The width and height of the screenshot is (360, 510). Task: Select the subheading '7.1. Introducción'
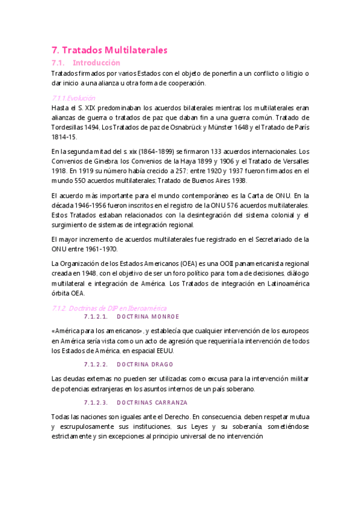coord(86,63)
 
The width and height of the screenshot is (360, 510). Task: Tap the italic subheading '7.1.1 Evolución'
coord(73,98)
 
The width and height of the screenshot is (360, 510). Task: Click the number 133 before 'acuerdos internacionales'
coord(203,152)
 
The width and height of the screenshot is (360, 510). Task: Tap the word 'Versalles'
coord(292,161)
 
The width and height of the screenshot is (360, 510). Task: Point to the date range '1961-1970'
coord(100,249)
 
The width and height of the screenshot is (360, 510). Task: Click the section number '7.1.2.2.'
coord(96,364)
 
